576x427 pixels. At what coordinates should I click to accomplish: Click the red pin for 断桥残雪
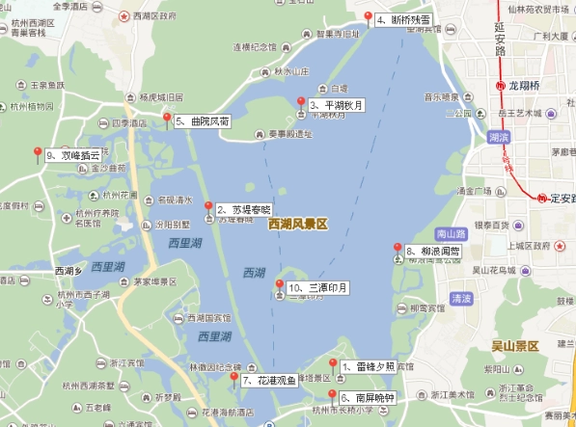pos(368,15)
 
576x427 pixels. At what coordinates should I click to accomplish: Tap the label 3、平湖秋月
pos(337,105)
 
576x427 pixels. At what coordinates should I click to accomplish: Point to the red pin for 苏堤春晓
pos(208,206)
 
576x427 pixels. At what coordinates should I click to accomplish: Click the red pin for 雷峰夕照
pos(333,364)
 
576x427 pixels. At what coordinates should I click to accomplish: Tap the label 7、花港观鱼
pos(263,381)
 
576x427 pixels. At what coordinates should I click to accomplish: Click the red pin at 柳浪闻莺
pos(398,248)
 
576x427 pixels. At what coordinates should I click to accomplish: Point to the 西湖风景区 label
pos(298,224)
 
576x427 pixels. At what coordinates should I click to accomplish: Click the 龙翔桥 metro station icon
pos(500,85)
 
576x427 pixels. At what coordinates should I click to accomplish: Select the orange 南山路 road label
pos(452,233)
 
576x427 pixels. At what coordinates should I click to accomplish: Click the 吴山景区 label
pos(514,346)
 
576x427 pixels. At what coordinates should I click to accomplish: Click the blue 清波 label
pos(461,299)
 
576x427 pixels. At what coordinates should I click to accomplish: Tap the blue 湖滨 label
pos(499,138)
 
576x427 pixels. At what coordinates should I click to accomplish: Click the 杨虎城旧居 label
pos(160,97)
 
